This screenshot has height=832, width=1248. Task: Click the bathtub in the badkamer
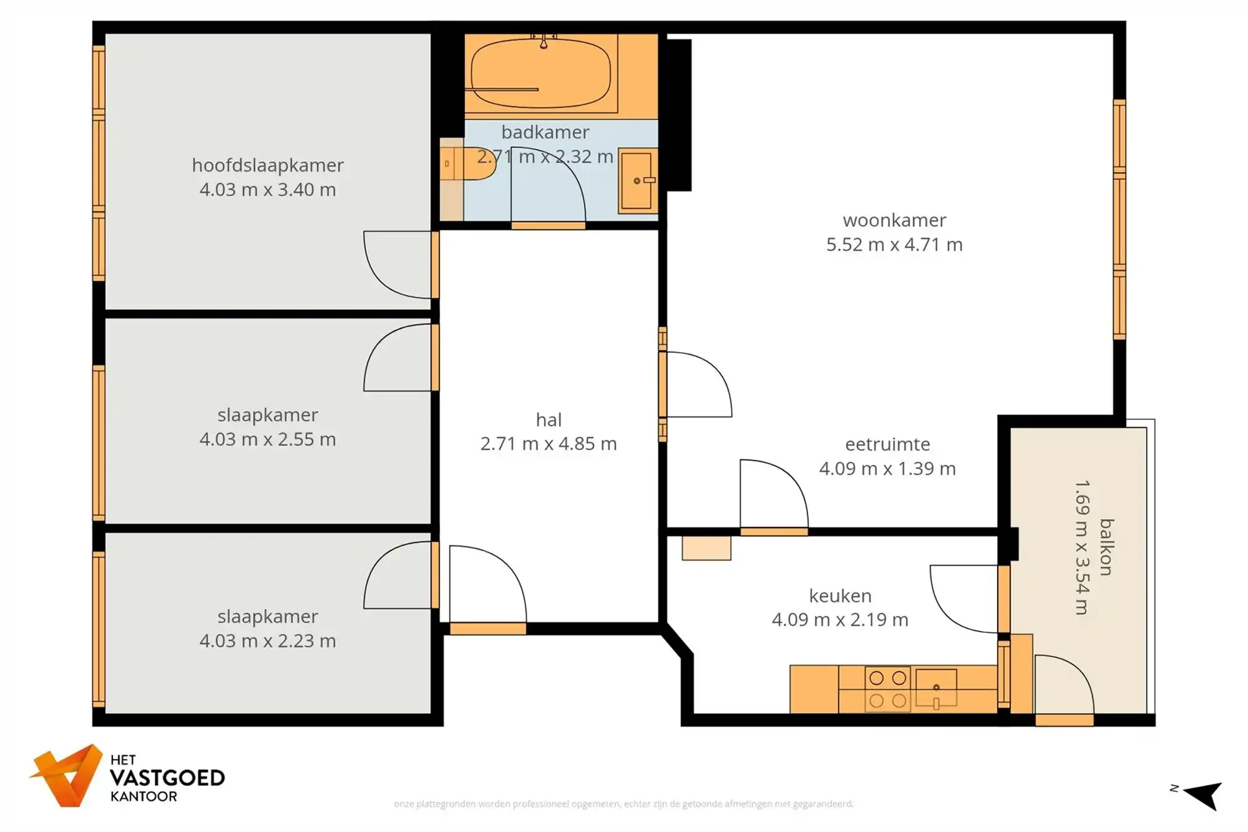[x=540, y=74]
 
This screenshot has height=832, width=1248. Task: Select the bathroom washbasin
[x=637, y=181]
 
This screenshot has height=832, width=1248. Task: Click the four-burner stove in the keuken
[x=887, y=689]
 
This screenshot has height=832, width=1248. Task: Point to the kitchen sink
[x=936, y=688]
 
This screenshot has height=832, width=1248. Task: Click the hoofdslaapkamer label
[x=268, y=165]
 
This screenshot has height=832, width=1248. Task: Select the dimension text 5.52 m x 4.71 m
[x=894, y=245]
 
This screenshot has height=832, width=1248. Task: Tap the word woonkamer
[x=894, y=220]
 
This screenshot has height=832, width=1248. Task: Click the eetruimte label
[x=887, y=444]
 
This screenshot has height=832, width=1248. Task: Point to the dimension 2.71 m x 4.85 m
[x=548, y=444]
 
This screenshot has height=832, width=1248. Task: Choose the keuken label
[x=840, y=596]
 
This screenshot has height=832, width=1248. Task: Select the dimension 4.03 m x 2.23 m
[x=268, y=641]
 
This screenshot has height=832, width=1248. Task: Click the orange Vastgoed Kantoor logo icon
[x=67, y=776]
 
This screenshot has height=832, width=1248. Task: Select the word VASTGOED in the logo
[x=167, y=778]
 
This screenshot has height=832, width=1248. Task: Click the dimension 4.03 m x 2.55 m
[x=268, y=439]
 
